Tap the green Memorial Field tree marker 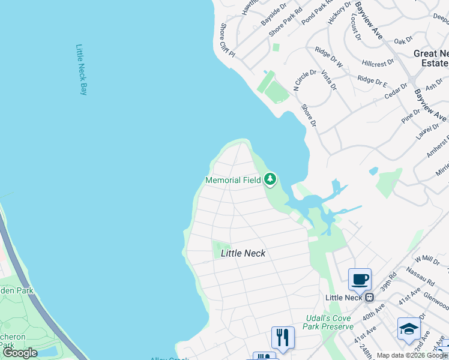click(270, 179)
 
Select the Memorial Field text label click(233, 180)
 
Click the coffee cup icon click(360, 279)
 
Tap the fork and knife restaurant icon click(283, 337)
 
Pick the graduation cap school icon click(408, 329)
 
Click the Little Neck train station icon click(370, 297)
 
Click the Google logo click(19, 353)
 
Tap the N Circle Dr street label click(304, 80)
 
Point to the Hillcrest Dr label click(378, 62)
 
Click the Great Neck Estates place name click(432, 58)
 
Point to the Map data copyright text click(412, 355)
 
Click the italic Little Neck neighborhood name click(243, 253)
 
